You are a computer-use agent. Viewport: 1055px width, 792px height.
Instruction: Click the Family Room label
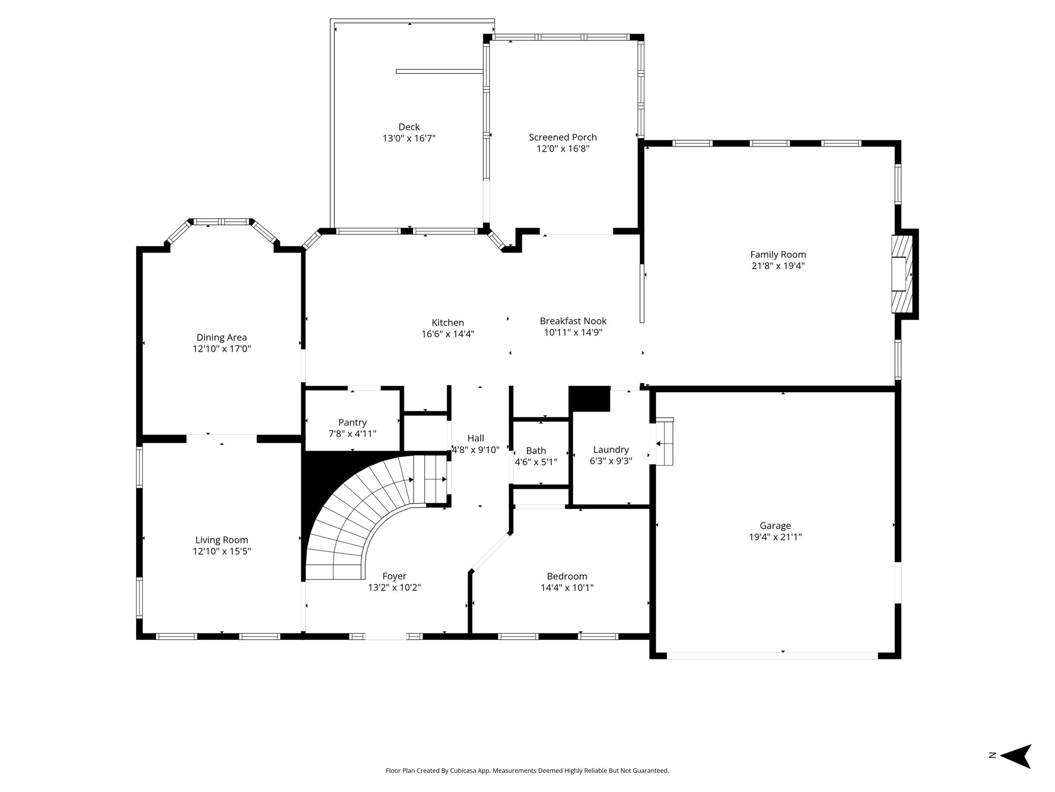[x=778, y=254]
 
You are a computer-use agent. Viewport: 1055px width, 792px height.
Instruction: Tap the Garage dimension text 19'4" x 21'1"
[x=775, y=537]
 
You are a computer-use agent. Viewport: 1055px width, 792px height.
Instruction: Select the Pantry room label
[x=352, y=423]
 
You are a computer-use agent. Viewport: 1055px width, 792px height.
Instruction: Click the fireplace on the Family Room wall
[x=903, y=274]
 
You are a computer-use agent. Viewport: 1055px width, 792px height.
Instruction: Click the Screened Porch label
[x=563, y=137]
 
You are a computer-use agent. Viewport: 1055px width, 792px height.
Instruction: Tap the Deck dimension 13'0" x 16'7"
[x=409, y=138]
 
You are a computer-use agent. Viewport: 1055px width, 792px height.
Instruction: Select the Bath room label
[x=536, y=451]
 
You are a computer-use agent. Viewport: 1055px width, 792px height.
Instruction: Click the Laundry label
[x=611, y=450]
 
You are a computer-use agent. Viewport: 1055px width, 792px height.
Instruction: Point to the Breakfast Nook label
[x=573, y=321]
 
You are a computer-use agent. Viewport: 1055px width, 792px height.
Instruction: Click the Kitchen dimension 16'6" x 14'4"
[x=448, y=334]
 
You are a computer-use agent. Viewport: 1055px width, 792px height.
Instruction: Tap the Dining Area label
[x=222, y=338]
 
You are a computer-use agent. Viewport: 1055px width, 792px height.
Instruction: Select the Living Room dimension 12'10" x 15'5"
[x=222, y=551]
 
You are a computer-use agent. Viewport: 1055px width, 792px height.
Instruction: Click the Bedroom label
[x=567, y=576]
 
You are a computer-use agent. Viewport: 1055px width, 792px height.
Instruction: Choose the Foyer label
[x=394, y=576]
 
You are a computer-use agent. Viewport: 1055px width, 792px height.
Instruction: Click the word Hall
[x=475, y=438]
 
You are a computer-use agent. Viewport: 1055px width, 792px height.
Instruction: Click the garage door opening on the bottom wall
[x=772, y=656]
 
